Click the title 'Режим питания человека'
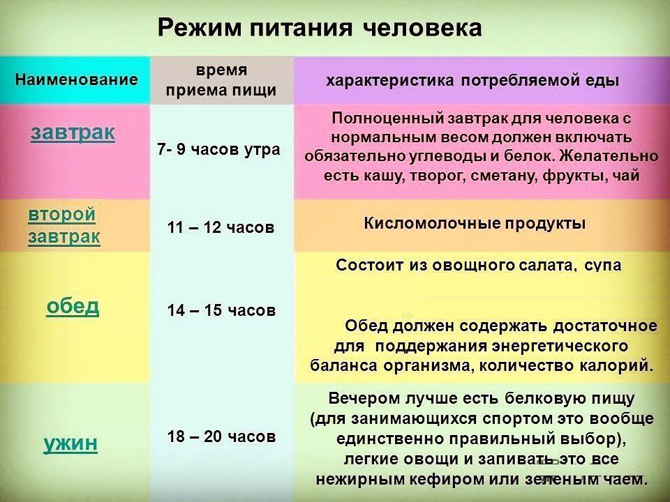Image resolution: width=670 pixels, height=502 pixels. (x=320, y=29)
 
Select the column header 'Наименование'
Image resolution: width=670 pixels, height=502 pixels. (x=77, y=79)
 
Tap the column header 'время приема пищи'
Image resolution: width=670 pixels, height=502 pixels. (x=221, y=80)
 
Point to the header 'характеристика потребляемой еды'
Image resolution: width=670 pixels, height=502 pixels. (x=472, y=81)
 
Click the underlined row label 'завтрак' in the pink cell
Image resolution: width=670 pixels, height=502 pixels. (x=73, y=132)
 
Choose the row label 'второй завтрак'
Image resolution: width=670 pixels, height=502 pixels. (x=64, y=225)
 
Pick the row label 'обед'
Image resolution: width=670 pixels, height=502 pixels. (x=73, y=306)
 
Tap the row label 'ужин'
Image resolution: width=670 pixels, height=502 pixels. (x=70, y=443)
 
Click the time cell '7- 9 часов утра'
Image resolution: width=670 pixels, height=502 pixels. (x=218, y=149)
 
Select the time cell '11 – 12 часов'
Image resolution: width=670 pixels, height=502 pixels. (x=221, y=227)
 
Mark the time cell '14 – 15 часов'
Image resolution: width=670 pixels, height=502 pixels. (x=221, y=310)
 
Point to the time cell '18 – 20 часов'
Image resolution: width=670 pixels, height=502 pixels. (x=221, y=436)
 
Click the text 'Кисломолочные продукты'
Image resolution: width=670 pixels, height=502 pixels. (x=475, y=224)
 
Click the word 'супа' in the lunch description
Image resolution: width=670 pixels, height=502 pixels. (x=602, y=266)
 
